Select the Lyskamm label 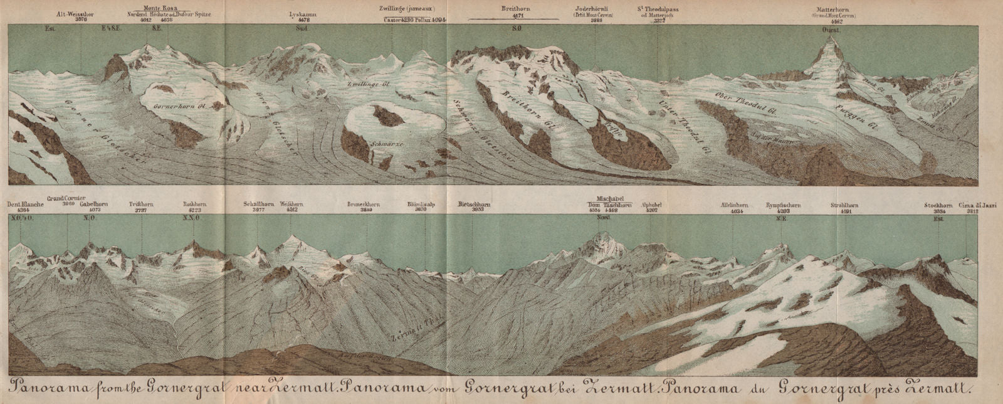(303, 13)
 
